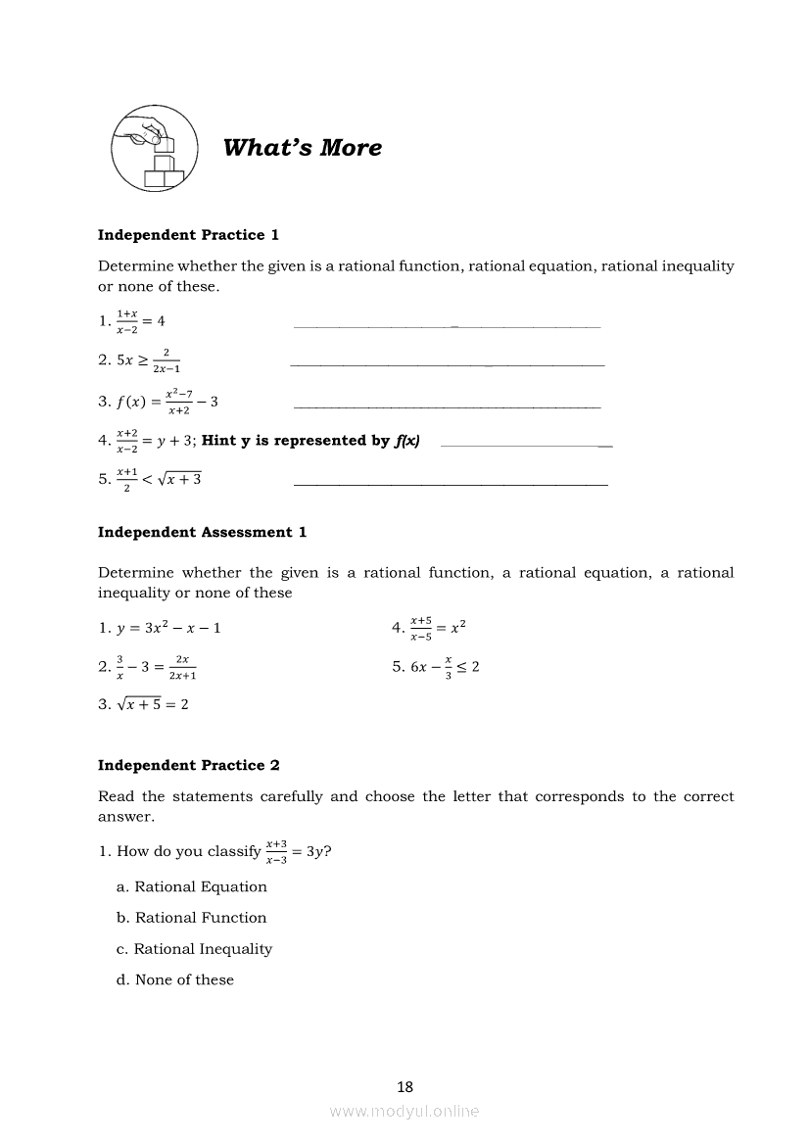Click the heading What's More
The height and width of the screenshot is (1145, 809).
coord(303,148)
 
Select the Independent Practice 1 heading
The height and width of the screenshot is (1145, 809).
coord(188,235)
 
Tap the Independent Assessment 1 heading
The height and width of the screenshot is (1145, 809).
coord(202,533)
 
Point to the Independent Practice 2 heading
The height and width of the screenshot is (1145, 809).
coord(188,766)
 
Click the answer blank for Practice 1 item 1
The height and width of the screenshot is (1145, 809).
coord(447,325)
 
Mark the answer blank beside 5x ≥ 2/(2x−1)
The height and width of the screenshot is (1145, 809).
coord(447,364)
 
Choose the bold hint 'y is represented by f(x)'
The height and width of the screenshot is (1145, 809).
coord(310,441)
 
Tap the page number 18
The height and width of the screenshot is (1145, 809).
coord(405,1086)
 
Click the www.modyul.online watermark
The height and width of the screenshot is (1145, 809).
coord(404,1112)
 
